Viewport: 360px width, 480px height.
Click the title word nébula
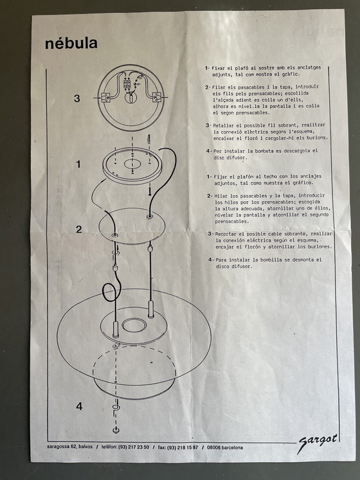(71, 44)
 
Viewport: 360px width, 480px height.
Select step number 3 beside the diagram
(77, 98)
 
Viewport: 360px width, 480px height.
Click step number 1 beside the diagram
(78, 164)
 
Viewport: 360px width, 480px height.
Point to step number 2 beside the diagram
(78, 229)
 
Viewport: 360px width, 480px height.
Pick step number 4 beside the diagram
(79, 406)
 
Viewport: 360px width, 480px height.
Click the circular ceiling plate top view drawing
(131, 96)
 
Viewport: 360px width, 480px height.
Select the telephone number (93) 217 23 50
(128, 447)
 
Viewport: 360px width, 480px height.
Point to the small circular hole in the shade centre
(134, 325)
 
